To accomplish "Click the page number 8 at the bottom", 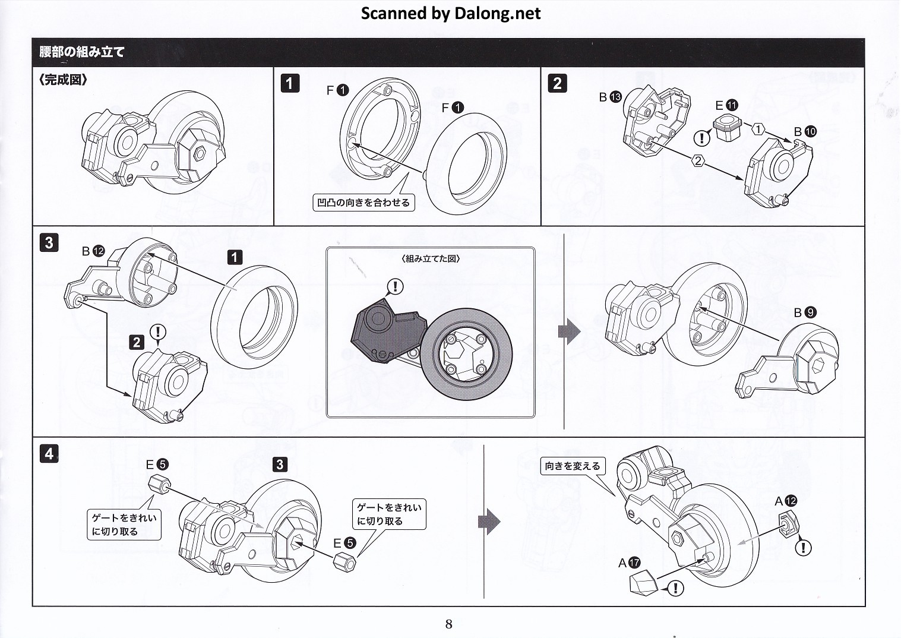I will (449, 624).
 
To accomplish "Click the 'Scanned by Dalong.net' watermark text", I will (451, 14).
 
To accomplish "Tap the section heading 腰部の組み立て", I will (82, 52).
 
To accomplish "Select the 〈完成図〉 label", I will (64, 80).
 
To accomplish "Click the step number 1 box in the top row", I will (289, 83).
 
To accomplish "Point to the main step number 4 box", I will (49, 454).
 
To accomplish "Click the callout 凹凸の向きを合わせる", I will (363, 203).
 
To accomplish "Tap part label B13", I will (610, 97).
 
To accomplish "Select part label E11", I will (726, 106).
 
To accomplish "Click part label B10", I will (805, 131).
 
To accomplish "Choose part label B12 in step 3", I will (93, 251).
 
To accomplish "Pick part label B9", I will (805, 312).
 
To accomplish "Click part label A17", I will (629, 563).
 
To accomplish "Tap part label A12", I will (786, 501).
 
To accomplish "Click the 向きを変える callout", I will (573, 466).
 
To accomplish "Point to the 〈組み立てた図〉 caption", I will (431, 259).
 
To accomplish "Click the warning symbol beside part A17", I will (675, 588).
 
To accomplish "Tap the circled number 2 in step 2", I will (698, 160).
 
